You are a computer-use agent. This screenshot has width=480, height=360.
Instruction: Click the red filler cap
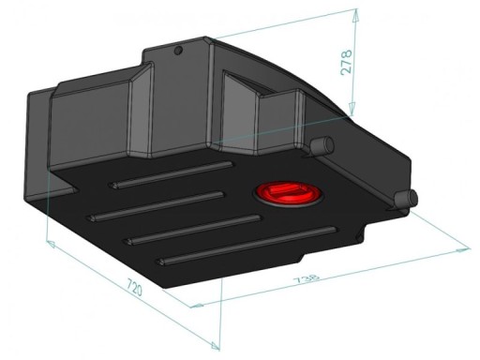pos(286,193)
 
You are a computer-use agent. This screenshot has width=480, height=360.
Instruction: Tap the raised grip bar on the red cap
pos(290,191)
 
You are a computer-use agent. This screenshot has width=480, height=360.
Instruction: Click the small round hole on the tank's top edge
pos(175,50)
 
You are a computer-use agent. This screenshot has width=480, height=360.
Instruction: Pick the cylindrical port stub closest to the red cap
pos(322,145)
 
